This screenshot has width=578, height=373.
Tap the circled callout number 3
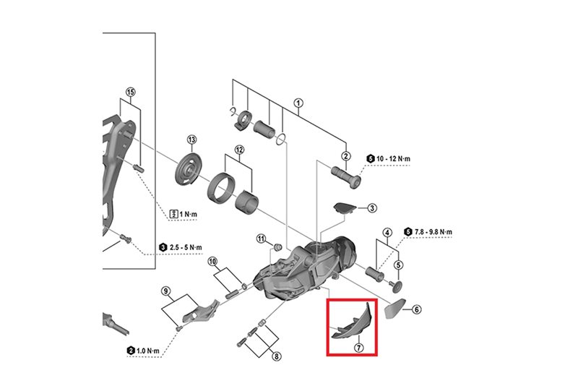(372, 208)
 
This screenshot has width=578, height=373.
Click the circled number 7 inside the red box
(358, 347)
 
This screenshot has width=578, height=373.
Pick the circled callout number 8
(276, 356)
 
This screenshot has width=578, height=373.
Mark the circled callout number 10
(212, 261)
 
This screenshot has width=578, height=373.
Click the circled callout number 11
(262, 239)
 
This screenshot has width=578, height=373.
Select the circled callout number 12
(238, 150)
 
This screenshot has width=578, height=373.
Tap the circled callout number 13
(191, 140)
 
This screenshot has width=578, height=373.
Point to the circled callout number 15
(130, 92)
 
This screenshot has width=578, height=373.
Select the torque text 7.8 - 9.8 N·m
(433, 232)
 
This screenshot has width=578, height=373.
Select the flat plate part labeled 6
(392, 308)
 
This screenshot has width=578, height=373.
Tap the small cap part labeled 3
(346, 207)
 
